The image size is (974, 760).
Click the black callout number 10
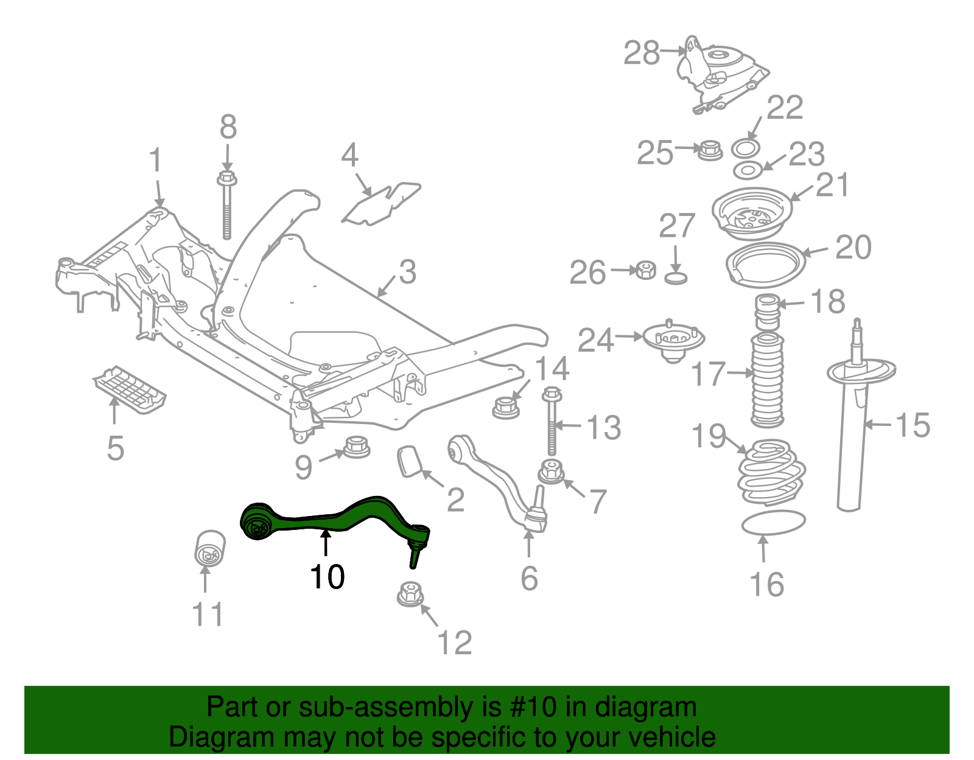[327, 576]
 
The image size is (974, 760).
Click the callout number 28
[642, 53]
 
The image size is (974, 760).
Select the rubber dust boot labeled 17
[768, 379]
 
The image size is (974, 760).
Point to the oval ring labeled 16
[773, 523]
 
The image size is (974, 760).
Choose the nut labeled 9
[357, 447]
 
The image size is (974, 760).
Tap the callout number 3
[407, 272]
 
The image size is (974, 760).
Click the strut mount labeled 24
[673, 342]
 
